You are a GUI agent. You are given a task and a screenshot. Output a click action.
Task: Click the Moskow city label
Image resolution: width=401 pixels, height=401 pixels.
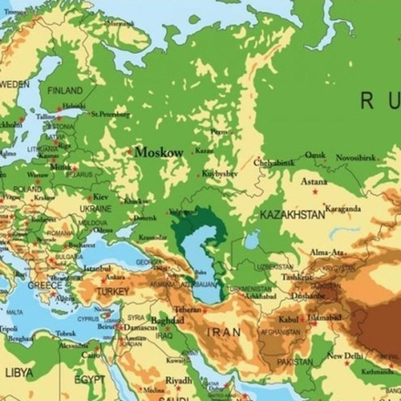pos(159,152)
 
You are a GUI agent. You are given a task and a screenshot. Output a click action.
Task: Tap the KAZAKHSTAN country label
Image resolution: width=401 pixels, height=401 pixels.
pos(292,214)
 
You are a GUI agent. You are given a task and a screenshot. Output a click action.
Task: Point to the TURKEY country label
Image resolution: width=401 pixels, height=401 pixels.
pos(114,291)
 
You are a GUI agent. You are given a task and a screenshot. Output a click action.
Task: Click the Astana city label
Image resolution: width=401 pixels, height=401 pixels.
pos(314,181)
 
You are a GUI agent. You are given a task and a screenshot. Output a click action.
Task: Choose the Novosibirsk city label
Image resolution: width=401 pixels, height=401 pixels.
pos(355,158)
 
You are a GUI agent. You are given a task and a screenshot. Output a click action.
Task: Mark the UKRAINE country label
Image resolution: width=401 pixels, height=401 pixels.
pos(95,208)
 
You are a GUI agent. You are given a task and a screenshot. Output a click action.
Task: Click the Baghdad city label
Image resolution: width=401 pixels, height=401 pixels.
pos(169,321)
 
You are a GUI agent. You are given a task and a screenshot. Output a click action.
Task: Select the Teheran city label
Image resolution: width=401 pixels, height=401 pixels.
pos(188,310)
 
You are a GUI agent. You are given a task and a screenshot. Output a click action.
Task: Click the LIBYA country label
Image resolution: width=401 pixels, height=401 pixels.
pos(18,373)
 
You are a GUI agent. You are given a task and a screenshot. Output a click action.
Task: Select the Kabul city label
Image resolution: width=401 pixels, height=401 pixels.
pos(288,320)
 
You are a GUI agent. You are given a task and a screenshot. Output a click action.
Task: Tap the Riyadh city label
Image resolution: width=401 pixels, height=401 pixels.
pos(179,380)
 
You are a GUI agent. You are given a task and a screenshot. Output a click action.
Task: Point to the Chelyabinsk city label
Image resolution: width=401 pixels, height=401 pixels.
pos(274,162)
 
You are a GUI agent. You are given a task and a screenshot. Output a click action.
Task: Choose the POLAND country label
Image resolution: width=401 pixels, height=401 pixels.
pos(27,190)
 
